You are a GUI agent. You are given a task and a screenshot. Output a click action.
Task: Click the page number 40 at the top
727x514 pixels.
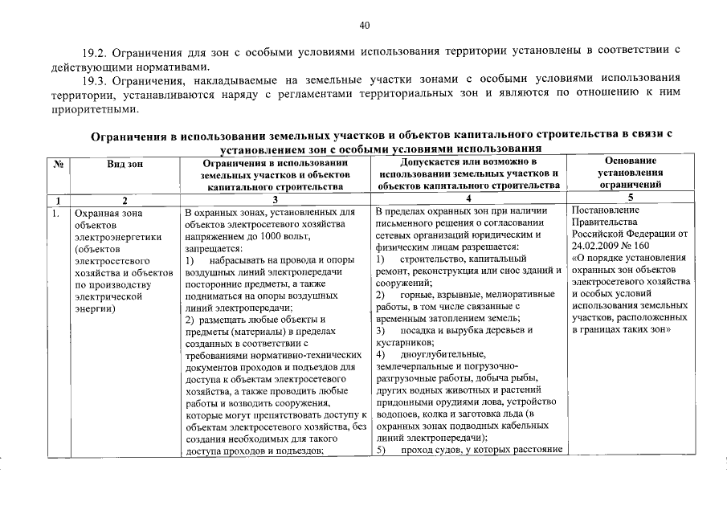(x=363, y=25)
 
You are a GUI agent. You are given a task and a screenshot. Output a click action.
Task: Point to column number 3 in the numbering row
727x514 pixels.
(x=276, y=200)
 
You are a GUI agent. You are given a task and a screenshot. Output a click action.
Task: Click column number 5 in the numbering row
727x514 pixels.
(x=631, y=198)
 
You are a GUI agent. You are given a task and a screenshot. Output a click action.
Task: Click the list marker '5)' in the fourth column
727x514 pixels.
(x=382, y=449)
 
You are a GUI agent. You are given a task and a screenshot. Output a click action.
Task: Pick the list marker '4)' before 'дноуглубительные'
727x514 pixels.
(x=382, y=354)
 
